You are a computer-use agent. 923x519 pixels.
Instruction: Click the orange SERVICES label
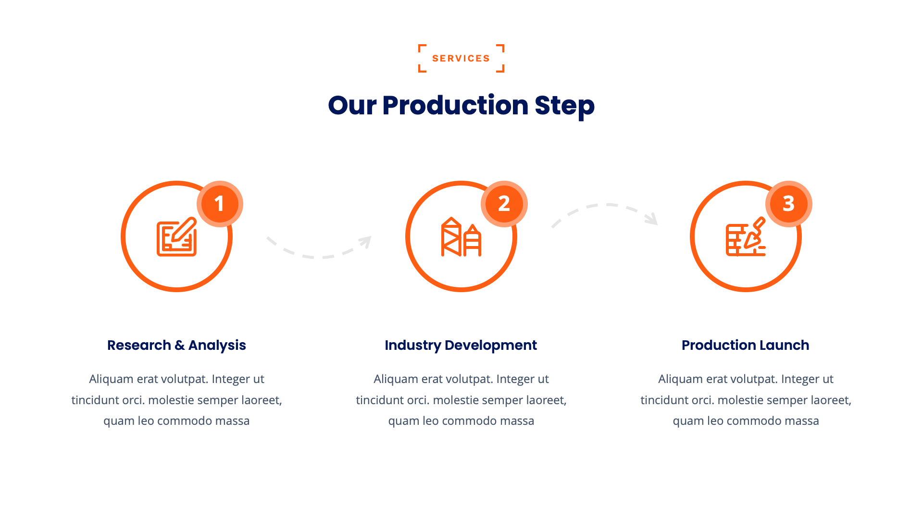pyautogui.click(x=461, y=59)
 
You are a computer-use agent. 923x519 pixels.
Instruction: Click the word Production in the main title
pyautogui.click(x=455, y=105)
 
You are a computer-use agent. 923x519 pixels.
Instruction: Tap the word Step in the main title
pyautogui.click(x=564, y=105)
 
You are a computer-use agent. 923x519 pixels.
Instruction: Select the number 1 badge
pyautogui.click(x=219, y=204)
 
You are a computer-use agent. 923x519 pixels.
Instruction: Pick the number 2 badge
pyautogui.click(x=504, y=204)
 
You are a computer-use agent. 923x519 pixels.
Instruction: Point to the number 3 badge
pyautogui.click(x=788, y=204)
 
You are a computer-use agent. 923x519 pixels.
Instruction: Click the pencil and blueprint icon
pyautogui.click(x=177, y=237)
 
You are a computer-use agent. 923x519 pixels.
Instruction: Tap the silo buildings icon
pyautogui.click(x=461, y=237)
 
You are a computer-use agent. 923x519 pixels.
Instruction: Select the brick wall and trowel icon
pyautogui.click(x=745, y=237)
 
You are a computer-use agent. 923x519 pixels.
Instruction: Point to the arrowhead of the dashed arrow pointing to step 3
pyautogui.click(x=653, y=219)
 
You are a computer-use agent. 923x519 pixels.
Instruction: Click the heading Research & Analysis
pyautogui.click(x=176, y=345)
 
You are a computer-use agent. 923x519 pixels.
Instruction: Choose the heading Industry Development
pyautogui.click(x=461, y=345)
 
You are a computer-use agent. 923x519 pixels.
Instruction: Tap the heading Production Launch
pyautogui.click(x=745, y=345)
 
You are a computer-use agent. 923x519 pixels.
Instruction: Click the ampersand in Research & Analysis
pyautogui.click(x=180, y=345)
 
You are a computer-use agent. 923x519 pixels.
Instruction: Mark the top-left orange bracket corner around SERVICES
pyautogui.click(x=422, y=47)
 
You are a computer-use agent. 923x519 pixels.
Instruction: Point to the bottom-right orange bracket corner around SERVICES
pyautogui.click(x=501, y=69)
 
